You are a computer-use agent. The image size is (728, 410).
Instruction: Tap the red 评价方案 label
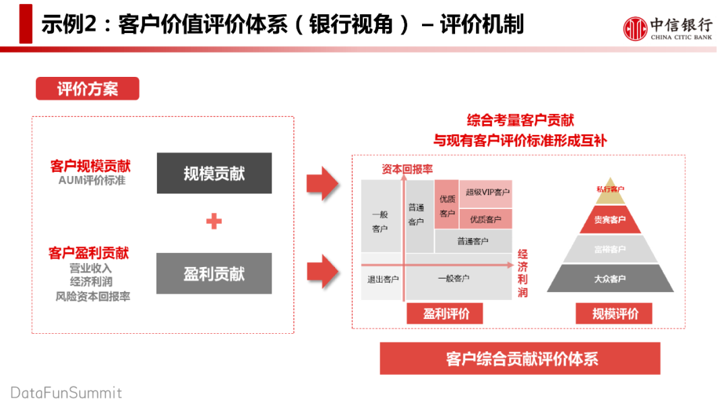point(87,88)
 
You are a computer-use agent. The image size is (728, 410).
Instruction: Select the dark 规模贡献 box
point(214,173)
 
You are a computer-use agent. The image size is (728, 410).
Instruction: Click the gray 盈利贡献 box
point(214,274)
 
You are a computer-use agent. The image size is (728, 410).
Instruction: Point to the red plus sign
point(214,221)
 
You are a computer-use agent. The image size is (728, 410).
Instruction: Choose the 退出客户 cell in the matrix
point(382,279)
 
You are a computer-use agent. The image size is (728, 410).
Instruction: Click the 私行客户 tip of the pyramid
point(610,190)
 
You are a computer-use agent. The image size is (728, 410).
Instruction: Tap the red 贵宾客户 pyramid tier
point(610,221)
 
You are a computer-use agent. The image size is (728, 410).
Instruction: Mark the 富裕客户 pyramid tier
point(610,250)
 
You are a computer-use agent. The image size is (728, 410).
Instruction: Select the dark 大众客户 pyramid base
point(610,279)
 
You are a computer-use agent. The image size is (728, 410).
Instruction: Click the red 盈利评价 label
point(446,314)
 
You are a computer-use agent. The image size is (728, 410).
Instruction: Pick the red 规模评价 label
point(615,314)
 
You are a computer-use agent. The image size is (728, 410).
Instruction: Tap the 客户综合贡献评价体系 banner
point(520,359)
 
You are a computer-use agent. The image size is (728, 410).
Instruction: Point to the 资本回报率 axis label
point(407,169)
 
